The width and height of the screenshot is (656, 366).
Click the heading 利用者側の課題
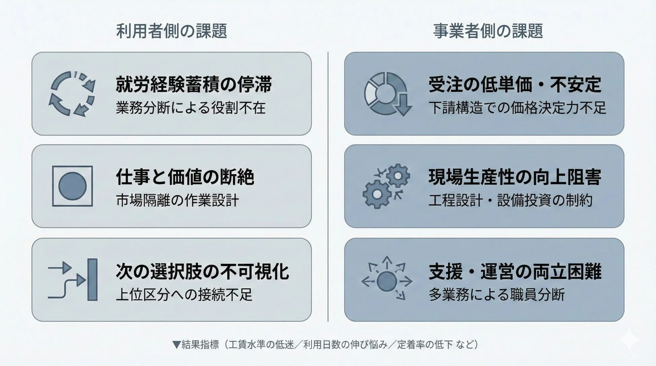pos(172,31)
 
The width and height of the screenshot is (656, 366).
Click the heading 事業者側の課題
pos(488,31)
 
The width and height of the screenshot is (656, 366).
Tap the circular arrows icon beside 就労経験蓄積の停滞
pos(72,94)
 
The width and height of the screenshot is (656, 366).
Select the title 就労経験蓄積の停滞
pos(194,84)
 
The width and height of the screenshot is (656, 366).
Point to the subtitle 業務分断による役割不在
pos(191,108)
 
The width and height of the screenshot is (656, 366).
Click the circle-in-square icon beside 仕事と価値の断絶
pos(72,186)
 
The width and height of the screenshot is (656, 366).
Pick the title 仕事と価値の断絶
pos(185,177)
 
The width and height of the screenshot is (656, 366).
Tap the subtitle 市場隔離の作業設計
pos(177,200)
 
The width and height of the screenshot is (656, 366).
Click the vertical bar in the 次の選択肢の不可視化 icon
pos(92,280)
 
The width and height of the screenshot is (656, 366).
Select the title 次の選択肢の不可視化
pos(202,271)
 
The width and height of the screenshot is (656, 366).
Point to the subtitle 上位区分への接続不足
pos(184,295)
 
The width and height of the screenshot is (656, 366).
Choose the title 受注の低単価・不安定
pos(515,84)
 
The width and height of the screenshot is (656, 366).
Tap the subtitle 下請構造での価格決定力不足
pos(517,108)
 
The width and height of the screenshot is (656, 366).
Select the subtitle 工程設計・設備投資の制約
pos(510,200)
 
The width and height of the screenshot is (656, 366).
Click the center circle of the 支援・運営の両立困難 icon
pos(387,282)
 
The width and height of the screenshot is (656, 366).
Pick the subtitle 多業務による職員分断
pos(497,295)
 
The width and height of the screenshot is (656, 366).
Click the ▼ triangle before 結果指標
pos(176,344)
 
